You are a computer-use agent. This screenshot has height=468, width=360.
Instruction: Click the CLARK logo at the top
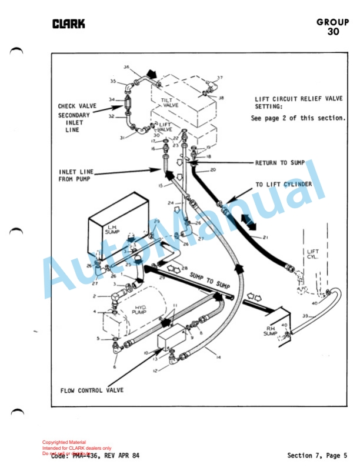[68, 24]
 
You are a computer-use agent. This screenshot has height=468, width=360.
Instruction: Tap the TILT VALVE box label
[171, 102]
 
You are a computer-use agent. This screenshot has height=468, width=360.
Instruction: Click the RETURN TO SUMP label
[279, 163]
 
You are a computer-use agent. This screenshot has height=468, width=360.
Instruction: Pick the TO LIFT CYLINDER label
[283, 185]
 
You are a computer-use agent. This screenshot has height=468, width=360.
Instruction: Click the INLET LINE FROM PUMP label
[76, 175]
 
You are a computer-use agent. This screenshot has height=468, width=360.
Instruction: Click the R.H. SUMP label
[270, 330]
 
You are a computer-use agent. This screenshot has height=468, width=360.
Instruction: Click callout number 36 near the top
[126, 67]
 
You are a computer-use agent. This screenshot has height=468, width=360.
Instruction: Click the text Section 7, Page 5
[317, 455]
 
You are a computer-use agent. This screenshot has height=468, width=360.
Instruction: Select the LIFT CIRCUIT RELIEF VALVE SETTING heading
[297, 103]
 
